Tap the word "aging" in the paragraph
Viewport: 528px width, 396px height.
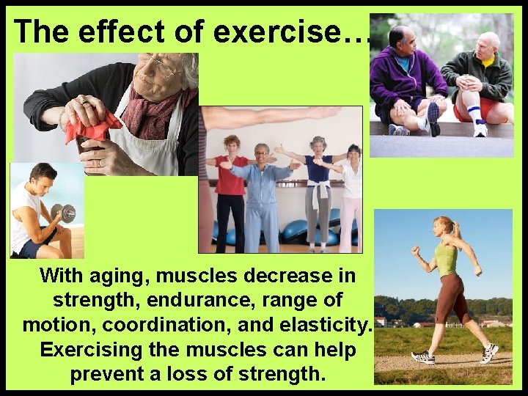118,276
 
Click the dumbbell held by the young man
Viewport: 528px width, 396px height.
65,213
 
